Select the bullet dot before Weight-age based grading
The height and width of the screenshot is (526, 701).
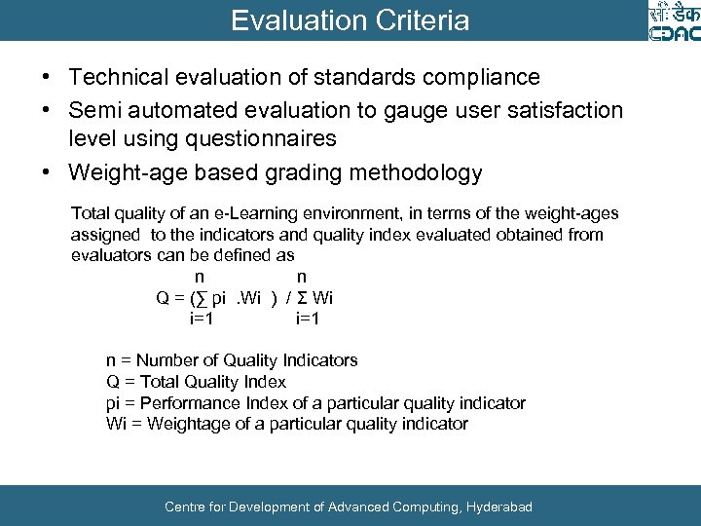click(47, 174)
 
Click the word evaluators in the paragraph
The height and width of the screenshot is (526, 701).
click(110, 255)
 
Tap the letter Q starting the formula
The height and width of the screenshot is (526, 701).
click(164, 298)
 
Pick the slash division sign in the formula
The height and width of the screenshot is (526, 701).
click(288, 298)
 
